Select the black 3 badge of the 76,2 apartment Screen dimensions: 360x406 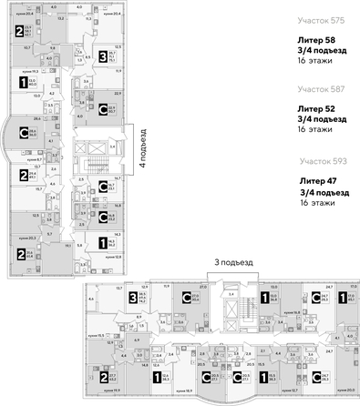tap(132, 296)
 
